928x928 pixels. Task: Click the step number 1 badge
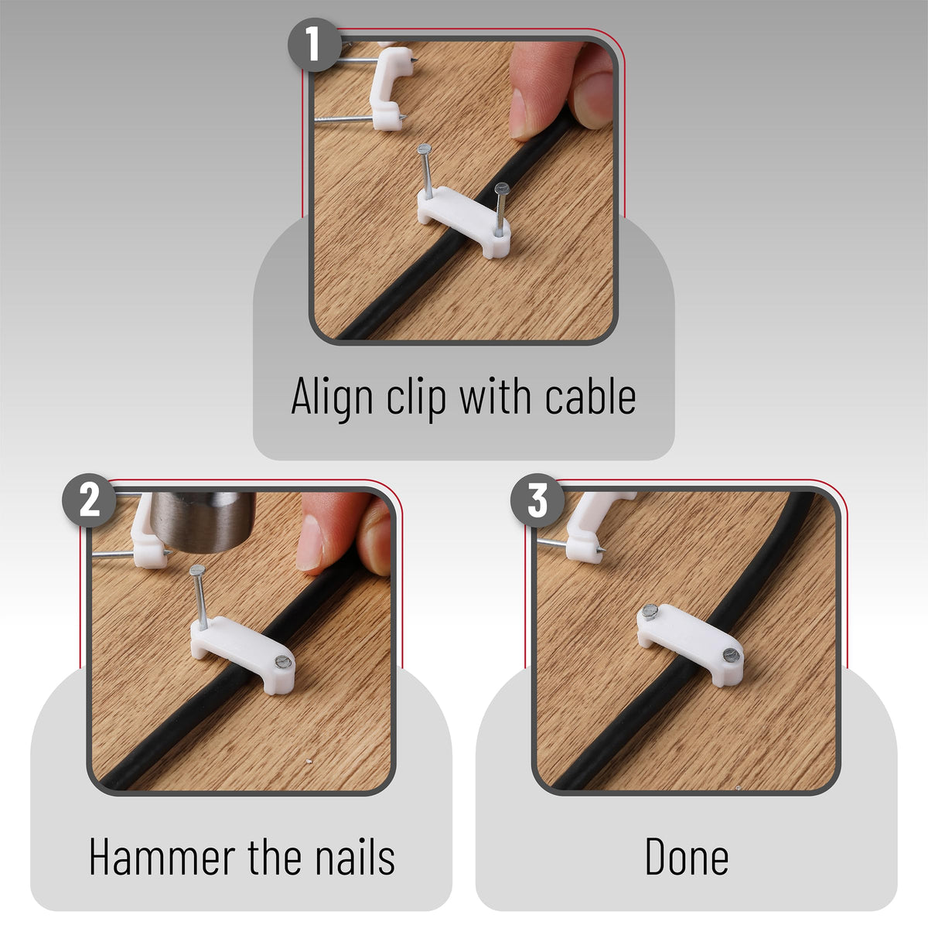pyautogui.click(x=315, y=45)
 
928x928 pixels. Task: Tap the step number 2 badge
pyautogui.click(x=89, y=500)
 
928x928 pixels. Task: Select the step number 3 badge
pyautogui.click(x=537, y=500)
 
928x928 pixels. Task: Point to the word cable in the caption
pyautogui.click(x=590, y=396)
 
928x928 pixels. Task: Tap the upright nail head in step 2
pyautogui.click(x=197, y=571)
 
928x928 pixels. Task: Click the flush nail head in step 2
pyautogui.click(x=282, y=662)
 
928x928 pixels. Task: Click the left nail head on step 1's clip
pyautogui.click(x=425, y=148)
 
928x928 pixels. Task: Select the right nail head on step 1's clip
pyautogui.click(x=502, y=188)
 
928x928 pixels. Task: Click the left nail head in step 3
pyautogui.click(x=650, y=612)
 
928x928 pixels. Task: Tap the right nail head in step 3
pyautogui.click(x=731, y=655)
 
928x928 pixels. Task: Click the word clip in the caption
pyautogui.click(x=416, y=399)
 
